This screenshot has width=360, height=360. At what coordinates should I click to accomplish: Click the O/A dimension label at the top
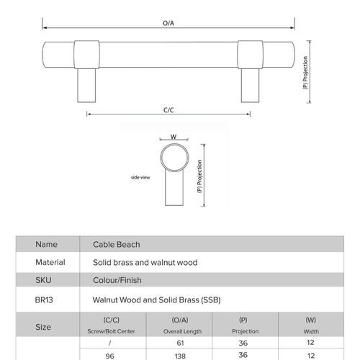click(x=169, y=23)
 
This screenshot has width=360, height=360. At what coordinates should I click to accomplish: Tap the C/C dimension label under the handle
click(x=168, y=111)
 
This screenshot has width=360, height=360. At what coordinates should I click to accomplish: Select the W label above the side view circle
click(x=174, y=136)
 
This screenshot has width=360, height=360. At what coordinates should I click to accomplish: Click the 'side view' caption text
click(x=140, y=176)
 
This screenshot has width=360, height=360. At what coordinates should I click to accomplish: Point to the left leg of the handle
click(x=85, y=85)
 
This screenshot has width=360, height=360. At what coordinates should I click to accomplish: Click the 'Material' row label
click(x=50, y=263)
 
